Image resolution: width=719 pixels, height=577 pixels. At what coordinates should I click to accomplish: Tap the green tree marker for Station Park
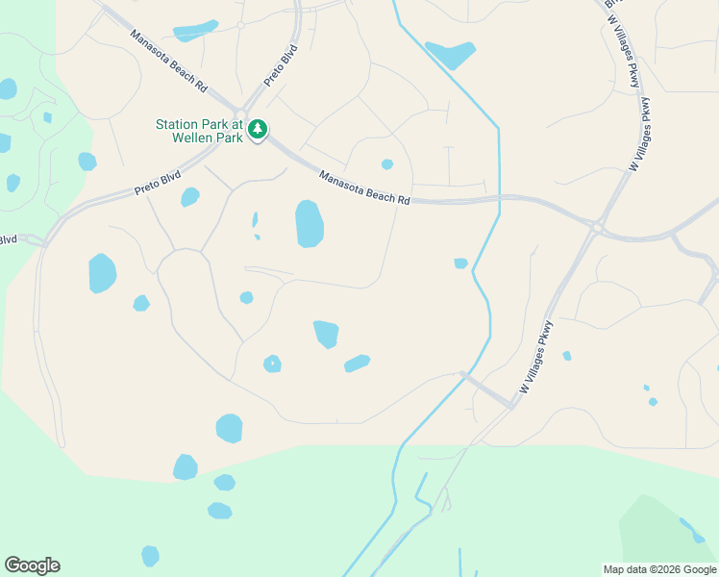click(x=257, y=129)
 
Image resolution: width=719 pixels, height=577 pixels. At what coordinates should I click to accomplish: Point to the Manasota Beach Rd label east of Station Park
click(x=364, y=188)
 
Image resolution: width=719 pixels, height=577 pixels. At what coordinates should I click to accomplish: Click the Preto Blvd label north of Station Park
click(x=281, y=66)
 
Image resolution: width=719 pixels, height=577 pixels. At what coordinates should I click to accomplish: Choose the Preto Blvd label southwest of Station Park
click(x=158, y=183)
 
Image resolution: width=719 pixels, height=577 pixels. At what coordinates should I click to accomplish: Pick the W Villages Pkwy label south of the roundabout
click(x=538, y=357)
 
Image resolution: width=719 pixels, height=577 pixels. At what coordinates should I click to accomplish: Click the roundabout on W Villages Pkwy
click(x=597, y=228)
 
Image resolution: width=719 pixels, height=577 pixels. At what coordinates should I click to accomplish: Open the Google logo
click(x=32, y=565)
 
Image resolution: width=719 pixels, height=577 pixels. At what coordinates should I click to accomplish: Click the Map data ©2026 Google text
click(x=658, y=569)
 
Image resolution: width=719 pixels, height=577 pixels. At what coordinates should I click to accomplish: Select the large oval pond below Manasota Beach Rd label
click(x=309, y=224)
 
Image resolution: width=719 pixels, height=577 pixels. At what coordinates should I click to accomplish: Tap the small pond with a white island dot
click(x=273, y=364)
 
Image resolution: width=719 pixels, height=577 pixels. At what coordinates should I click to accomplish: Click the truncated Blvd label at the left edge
click(x=9, y=239)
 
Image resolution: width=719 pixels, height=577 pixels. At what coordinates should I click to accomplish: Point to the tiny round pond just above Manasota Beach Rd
click(x=387, y=164)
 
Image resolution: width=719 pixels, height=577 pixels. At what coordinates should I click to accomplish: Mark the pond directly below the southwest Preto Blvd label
click(x=190, y=197)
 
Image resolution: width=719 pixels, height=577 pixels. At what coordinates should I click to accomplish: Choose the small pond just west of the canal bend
click(x=460, y=263)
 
